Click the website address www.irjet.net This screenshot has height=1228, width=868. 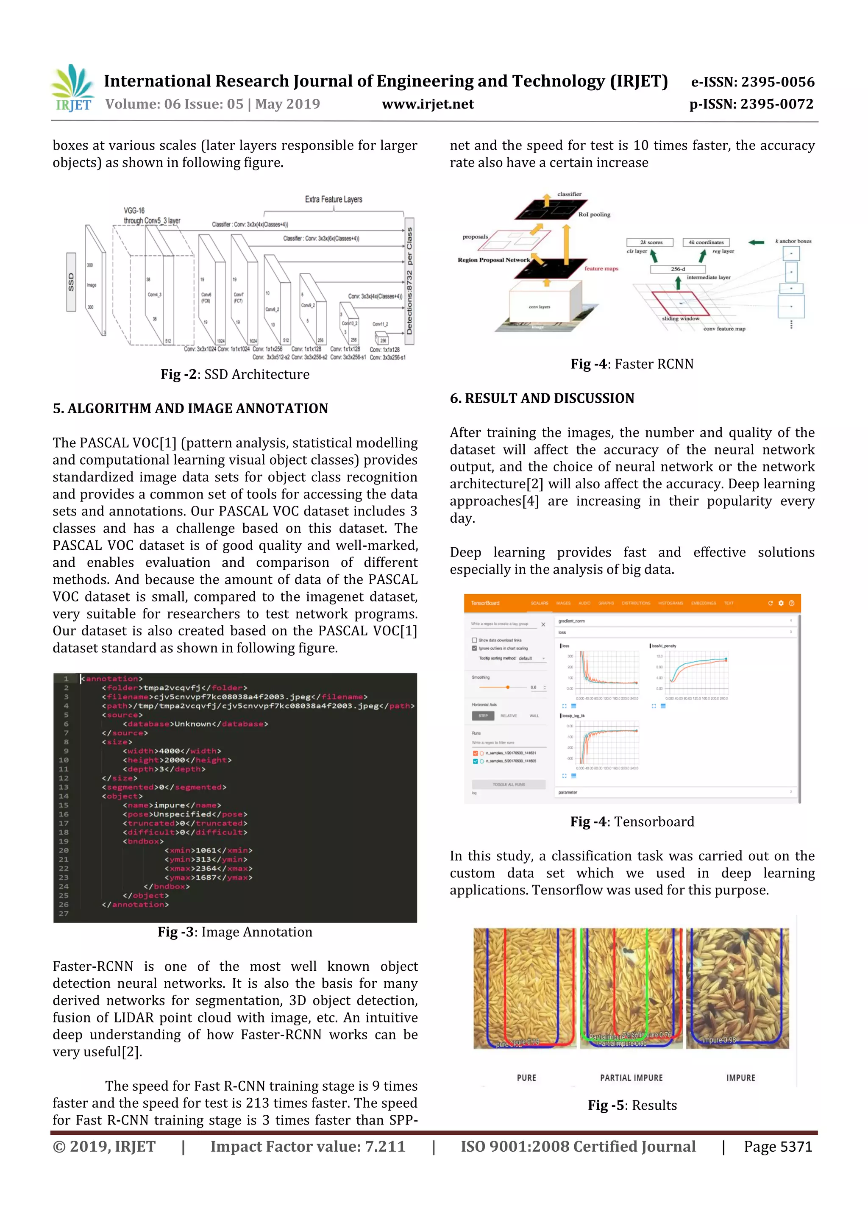click(x=428, y=104)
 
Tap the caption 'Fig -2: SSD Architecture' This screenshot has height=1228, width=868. click(x=235, y=374)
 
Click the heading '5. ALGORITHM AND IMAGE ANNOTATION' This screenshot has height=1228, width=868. click(x=190, y=409)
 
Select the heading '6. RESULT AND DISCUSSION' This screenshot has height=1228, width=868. click(x=542, y=398)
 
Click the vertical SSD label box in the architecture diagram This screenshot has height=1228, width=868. click(x=71, y=282)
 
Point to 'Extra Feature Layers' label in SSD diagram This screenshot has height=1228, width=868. click(x=333, y=200)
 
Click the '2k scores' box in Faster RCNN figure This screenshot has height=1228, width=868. click(x=650, y=242)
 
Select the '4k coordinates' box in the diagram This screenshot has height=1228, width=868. click(x=706, y=242)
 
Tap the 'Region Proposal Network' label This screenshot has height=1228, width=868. click(x=493, y=260)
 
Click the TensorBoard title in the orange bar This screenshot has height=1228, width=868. click(x=485, y=603)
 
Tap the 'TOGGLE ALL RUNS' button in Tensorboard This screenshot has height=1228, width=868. click(x=508, y=785)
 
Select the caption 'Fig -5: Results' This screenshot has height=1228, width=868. click(x=632, y=1105)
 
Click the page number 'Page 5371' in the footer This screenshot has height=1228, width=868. click(x=778, y=1147)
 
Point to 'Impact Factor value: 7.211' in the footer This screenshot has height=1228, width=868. click(x=308, y=1147)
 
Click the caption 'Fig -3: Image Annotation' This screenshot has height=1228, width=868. click(x=235, y=932)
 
